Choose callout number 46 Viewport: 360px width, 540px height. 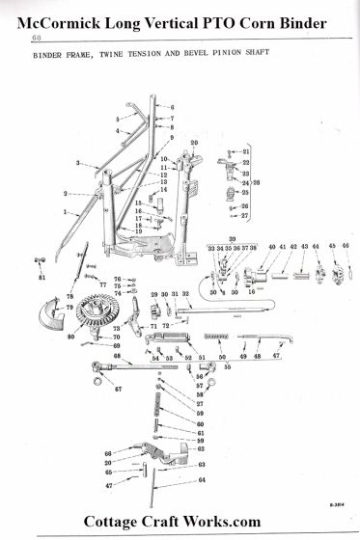point(345,247)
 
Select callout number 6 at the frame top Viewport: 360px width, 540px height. point(172,106)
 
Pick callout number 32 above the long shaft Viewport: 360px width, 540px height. point(185,294)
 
